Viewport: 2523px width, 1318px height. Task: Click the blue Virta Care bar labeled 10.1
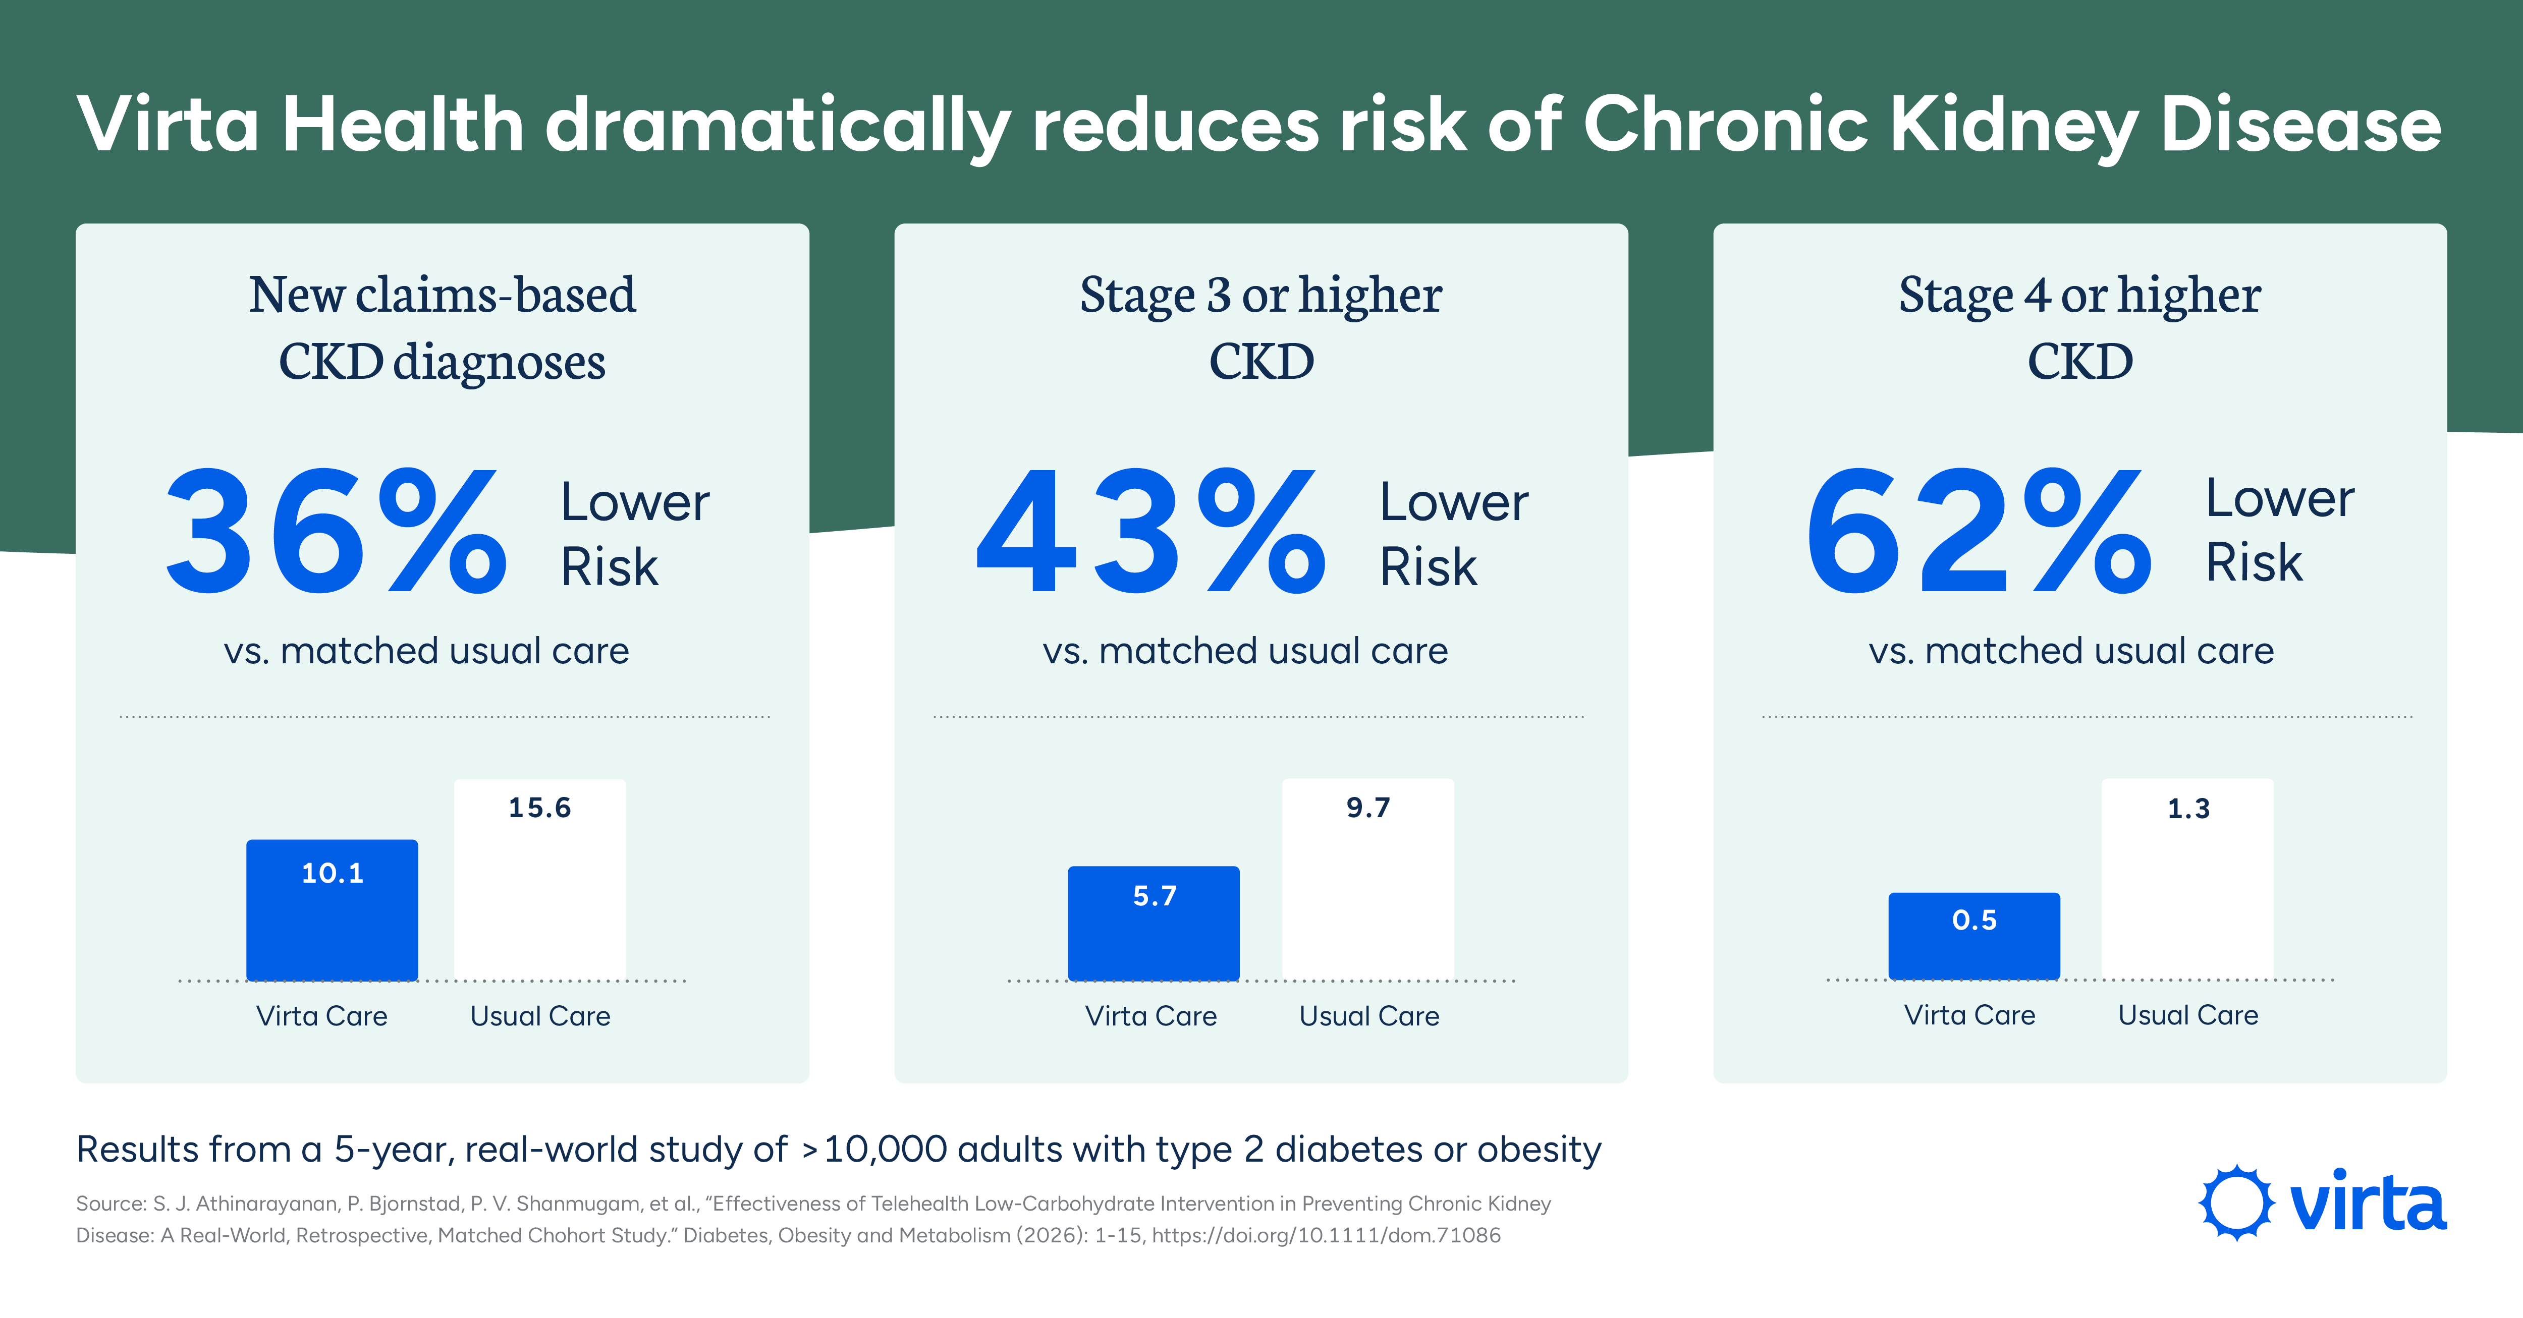tap(332, 909)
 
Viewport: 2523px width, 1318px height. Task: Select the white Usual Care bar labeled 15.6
tap(539, 879)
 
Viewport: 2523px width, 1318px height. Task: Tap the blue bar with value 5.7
tap(1154, 924)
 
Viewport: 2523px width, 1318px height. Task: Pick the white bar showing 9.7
tap(1368, 879)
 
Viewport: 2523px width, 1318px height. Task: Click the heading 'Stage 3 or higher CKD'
tap(1262, 328)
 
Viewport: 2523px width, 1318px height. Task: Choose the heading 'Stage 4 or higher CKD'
tap(2080, 328)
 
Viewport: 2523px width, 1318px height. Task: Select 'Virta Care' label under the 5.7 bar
tap(1151, 1015)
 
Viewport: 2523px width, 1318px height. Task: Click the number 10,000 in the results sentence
tap(886, 1149)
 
